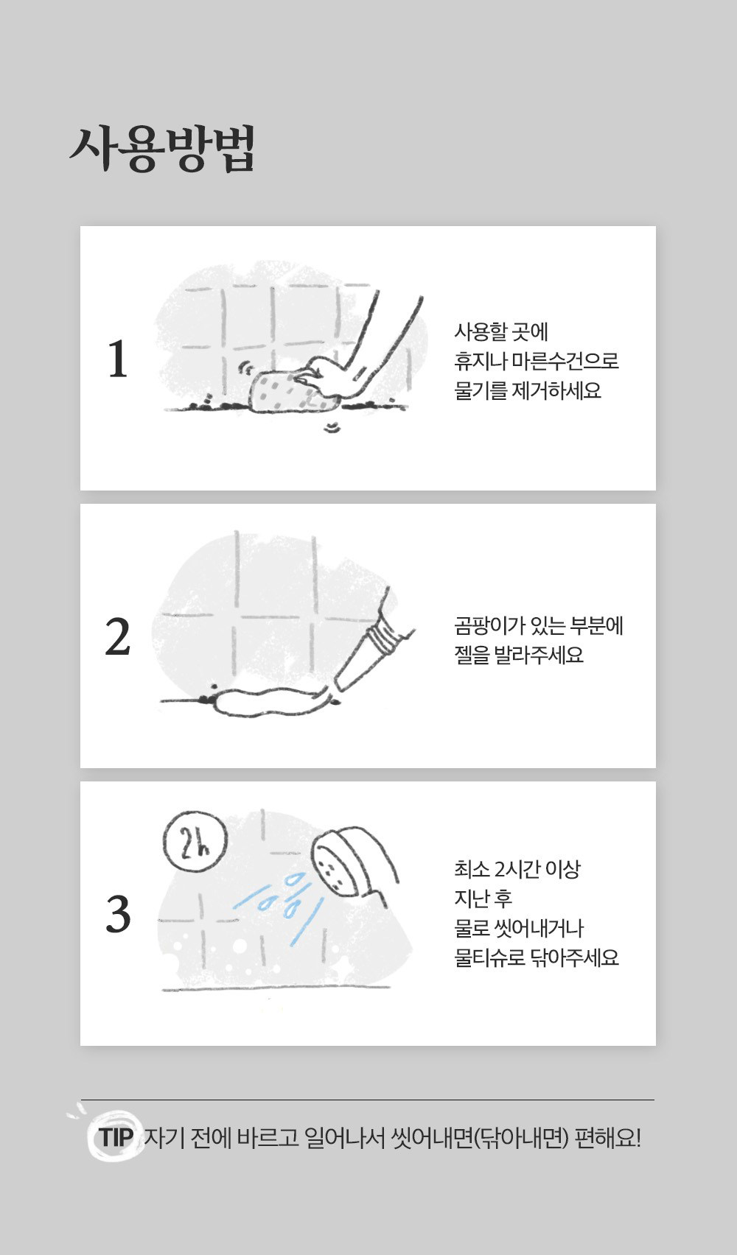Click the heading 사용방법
coord(163,149)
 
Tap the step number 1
coord(118,359)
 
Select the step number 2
coord(118,636)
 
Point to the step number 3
coord(118,914)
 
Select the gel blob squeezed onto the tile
coord(269,702)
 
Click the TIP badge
coord(116,1137)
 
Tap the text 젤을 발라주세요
coord(519,655)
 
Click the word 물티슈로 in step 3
coord(489,957)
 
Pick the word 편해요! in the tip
coord(607,1137)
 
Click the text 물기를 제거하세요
coord(528,390)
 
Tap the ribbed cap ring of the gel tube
coord(381,639)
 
